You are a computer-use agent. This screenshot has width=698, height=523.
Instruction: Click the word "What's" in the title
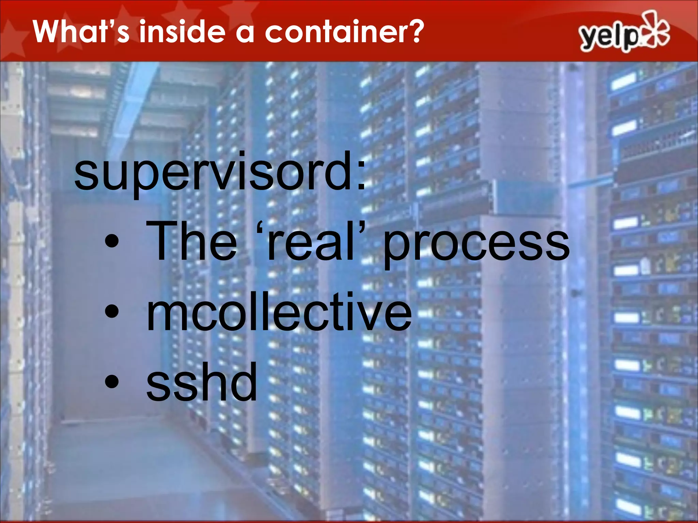81,31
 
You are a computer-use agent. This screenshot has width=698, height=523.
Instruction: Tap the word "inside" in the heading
182,31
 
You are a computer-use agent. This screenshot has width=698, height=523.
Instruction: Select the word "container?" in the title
344,31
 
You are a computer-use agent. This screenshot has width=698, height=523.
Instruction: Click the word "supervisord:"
220,172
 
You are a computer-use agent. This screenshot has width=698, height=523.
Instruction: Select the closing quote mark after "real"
363,226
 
